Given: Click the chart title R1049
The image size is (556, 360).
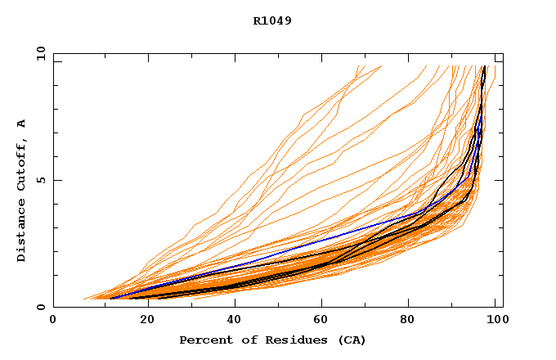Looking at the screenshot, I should [272, 20].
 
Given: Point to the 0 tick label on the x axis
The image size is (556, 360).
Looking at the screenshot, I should [53, 320].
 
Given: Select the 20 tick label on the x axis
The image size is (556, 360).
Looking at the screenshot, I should [143, 320].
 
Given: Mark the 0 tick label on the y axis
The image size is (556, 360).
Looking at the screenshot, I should [41, 308].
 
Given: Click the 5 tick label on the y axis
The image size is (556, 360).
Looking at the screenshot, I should [41, 180].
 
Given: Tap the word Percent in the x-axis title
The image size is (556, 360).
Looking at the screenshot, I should [202, 340].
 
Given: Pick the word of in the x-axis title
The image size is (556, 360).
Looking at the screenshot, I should [243, 340].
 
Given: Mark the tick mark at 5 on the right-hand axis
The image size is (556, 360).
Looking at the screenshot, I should [500, 180].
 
